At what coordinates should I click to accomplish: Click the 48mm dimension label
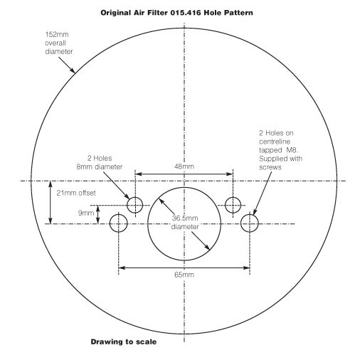(x=184, y=166)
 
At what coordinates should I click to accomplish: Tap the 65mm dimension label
(x=184, y=275)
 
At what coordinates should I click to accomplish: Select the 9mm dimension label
(x=86, y=213)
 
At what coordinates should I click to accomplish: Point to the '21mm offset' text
(x=76, y=193)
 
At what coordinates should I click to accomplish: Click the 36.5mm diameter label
(x=185, y=223)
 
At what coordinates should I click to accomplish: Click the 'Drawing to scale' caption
(x=124, y=342)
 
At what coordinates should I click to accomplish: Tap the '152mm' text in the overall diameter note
(x=57, y=35)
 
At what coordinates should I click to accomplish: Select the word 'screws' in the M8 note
(x=270, y=167)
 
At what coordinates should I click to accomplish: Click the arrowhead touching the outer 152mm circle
(x=73, y=70)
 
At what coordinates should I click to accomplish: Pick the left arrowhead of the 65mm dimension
(x=122, y=268)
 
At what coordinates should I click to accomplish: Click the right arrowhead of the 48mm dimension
(x=230, y=174)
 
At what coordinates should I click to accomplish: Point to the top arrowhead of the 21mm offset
(x=50, y=184)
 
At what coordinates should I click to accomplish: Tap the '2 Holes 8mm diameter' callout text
(x=100, y=162)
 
